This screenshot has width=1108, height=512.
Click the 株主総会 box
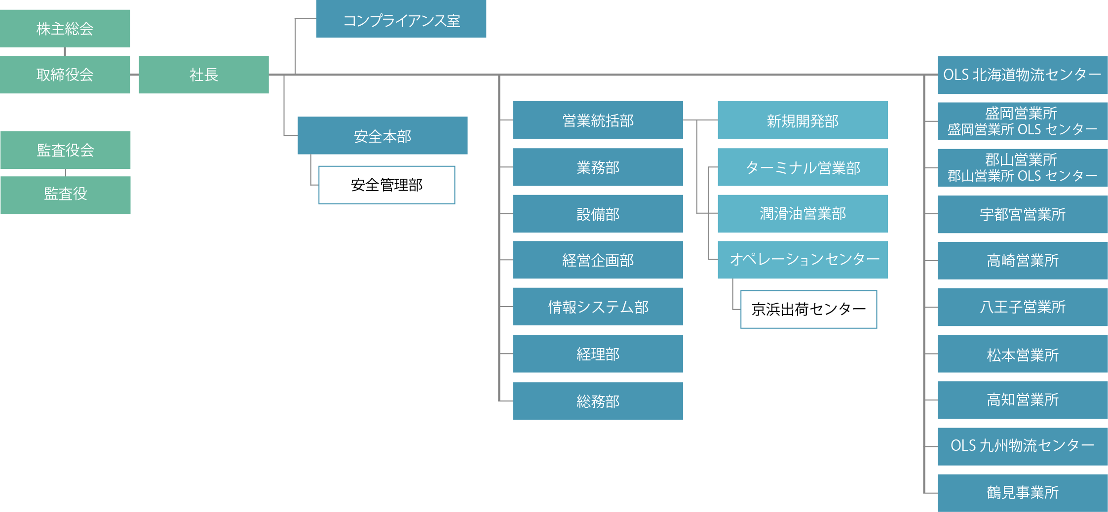coord(65,28)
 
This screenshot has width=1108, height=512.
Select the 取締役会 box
coord(65,75)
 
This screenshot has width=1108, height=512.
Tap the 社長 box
coord(203,75)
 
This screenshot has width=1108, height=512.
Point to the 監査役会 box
coord(65,150)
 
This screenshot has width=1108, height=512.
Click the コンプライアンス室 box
coord(401,19)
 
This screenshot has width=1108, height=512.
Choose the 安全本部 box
coord(382,135)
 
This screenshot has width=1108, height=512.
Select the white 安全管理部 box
coord(386,185)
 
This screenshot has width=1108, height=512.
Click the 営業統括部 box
coord(597,119)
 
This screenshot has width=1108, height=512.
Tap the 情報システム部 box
coord(597,306)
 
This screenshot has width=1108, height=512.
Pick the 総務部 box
coord(597,401)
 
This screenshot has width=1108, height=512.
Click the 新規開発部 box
coord(802,119)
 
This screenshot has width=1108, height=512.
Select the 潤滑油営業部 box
coord(802,213)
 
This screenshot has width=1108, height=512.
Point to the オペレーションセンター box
coord(802,260)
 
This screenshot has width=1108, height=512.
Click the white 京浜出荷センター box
coord(808,309)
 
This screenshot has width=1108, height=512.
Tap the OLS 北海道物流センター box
coord(1022,75)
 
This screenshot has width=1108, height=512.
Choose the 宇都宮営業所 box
coord(1022,214)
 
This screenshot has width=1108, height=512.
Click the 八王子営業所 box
coord(1022,307)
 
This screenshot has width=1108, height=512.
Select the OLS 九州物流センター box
coord(1022,446)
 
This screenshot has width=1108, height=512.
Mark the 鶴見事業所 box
coord(1022,493)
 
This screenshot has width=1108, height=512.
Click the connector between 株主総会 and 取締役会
coord(65,51)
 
